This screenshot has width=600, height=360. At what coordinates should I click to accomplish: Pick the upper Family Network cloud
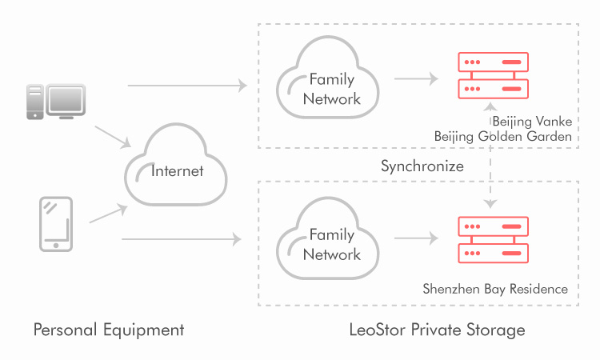(x=326, y=84)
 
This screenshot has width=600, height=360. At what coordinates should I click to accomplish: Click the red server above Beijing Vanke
(x=492, y=75)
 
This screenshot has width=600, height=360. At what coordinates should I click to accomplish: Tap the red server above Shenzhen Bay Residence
(x=492, y=240)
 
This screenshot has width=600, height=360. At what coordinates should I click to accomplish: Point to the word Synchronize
(x=422, y=167)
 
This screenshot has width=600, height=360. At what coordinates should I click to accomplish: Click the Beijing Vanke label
(x=531, y=122)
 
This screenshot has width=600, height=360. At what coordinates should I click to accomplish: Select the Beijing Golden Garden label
(x=502, y=137)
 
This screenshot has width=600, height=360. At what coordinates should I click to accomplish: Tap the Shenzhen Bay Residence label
(x=495, y=289)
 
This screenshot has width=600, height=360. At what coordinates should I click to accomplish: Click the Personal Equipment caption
(x=109, y=330)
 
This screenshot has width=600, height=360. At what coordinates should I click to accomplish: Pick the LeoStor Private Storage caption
(x=437, y=330)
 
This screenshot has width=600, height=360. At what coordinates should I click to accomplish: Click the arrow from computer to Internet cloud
(x=112, y=136)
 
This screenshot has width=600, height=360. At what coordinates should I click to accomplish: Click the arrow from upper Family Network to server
(x=416, y=79)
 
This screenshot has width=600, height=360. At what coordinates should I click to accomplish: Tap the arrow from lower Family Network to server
(x=416, y=238)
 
